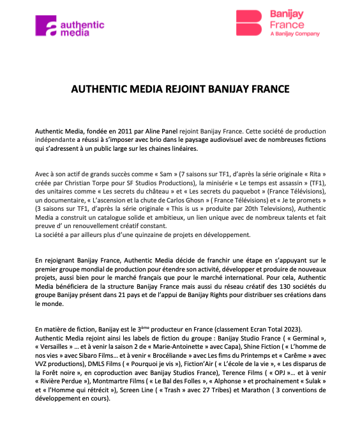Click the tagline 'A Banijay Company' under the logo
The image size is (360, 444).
[x=295, y=33]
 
